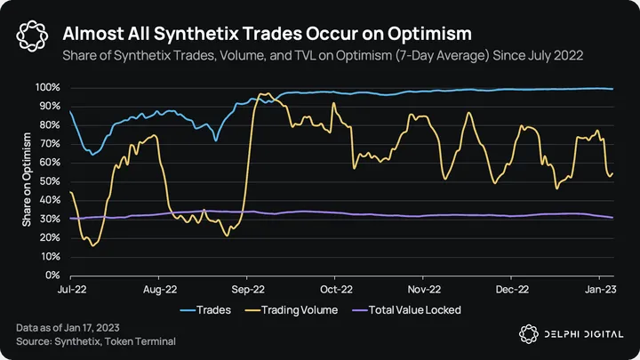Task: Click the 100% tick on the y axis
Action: (x=48, y=88)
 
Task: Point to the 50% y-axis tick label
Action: (x=50, y=181)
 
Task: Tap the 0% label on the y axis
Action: (x=53, y=276)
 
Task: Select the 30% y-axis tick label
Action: (x=50, y=219)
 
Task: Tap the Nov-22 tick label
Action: (x=424, y=289)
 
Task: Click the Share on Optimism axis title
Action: (x=28, y=181)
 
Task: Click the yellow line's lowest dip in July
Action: (x=93, y=245)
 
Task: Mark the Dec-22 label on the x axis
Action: (x=512, y=289)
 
